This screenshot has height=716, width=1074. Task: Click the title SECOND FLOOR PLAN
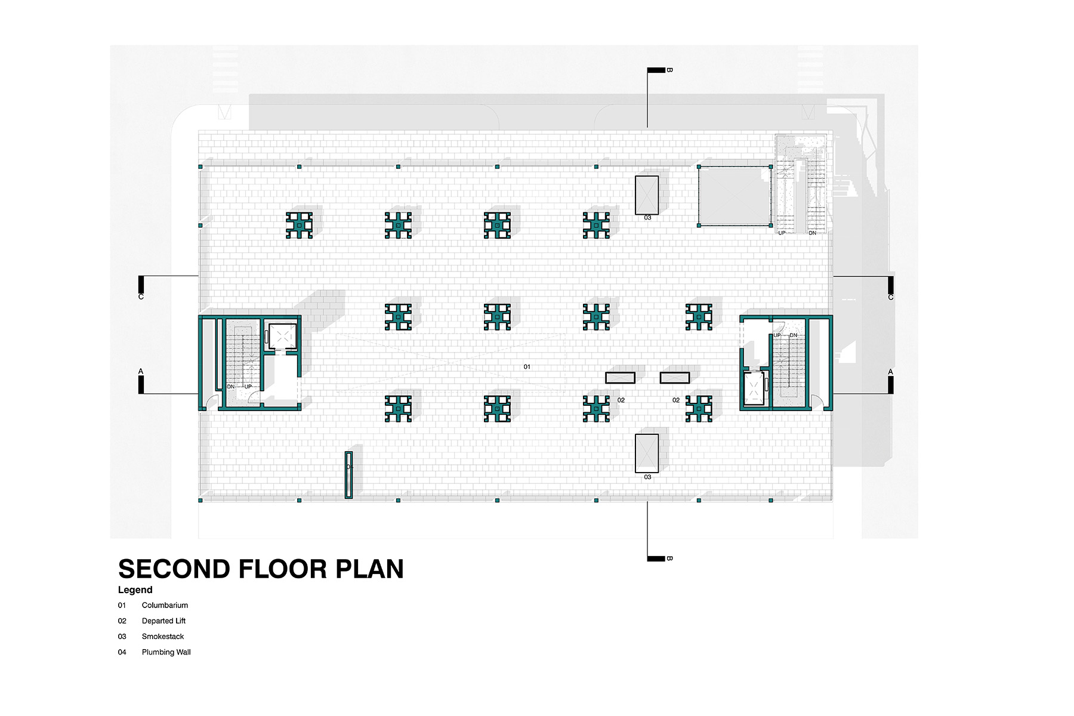(261, 569)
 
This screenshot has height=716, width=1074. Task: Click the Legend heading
(135, 590)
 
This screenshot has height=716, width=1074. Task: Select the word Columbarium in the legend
(165, 605)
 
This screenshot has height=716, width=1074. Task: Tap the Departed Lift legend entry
(163, 621)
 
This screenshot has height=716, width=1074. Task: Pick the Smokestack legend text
(163, 637)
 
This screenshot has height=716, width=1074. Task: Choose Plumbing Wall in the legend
(166, 652)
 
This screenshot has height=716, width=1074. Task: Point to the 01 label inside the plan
(527, 367)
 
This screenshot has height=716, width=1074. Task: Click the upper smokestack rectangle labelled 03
(647, 195)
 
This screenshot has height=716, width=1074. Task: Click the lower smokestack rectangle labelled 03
(647, 453)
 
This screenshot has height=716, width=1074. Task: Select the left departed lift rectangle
(621, 378)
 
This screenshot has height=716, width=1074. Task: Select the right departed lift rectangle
(675, 378)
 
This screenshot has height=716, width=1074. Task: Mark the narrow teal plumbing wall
(349, 475)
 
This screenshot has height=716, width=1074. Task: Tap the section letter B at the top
(669, 70)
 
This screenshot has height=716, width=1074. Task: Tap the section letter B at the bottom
(669, 558)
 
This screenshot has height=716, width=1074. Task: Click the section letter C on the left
(141, 297)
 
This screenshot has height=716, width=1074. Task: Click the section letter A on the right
(891, 372)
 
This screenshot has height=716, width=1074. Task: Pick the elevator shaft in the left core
(282, 337)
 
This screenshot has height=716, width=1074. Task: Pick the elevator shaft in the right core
(754, 388)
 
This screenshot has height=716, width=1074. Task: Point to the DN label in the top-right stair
(812, 233)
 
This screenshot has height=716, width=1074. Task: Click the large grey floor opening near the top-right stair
(734, 196)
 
